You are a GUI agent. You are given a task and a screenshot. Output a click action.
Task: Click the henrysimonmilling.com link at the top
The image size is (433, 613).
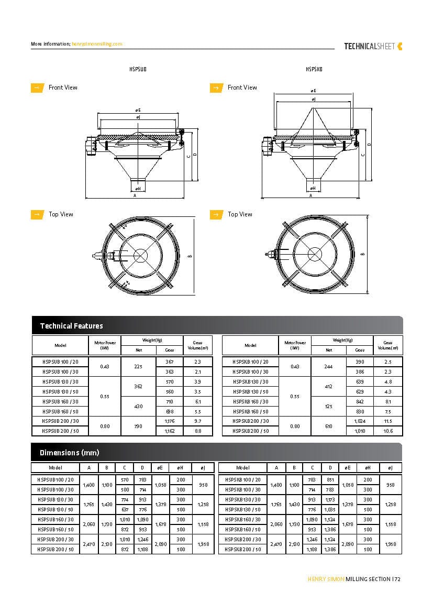tap(97, 44)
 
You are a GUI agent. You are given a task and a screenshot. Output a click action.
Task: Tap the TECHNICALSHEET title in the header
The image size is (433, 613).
tap(369, 46)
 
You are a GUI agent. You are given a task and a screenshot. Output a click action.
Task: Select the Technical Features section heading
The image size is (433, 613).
tap(71, 326)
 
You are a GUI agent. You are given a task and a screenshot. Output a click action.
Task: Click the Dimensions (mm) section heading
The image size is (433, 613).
tap(69, 452)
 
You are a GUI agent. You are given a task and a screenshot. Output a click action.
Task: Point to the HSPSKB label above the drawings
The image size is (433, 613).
tap(314, 69)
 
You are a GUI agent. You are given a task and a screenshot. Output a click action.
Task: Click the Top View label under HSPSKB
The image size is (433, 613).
tap(240, 214)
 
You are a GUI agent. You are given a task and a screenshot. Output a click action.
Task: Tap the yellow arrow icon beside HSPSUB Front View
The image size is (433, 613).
tap(37, 87)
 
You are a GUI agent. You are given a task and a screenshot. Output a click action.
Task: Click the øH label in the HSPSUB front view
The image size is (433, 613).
tap(138, 188)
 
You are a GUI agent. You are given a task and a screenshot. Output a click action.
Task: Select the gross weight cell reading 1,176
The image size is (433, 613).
tap(170, 421)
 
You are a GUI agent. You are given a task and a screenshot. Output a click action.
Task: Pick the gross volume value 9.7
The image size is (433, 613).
tap(198, 421)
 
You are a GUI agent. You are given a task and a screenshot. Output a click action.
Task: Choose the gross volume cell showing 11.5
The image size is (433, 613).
tap(388, 421)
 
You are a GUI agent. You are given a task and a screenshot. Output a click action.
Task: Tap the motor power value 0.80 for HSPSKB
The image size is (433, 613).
tap(295, 426)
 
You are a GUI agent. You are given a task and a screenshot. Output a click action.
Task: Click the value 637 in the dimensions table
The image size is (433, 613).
tap(125, 509)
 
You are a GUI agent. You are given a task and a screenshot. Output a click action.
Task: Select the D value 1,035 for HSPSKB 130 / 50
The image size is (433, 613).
tap(330, 509)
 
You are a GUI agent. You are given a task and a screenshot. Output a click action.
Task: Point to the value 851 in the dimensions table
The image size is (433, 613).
tap(330, 479)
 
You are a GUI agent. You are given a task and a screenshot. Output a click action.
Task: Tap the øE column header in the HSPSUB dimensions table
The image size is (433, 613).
tap(160, 467)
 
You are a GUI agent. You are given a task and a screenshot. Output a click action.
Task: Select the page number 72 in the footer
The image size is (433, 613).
tap(398, 579)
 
